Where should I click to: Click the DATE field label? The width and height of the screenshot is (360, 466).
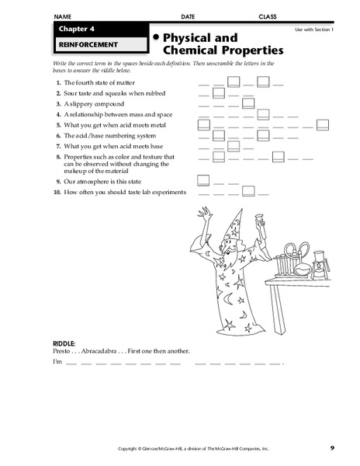188,16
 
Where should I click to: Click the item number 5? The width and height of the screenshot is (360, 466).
59,124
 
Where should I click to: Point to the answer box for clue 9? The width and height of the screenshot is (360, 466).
203,180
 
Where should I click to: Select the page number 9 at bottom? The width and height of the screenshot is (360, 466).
331,448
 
